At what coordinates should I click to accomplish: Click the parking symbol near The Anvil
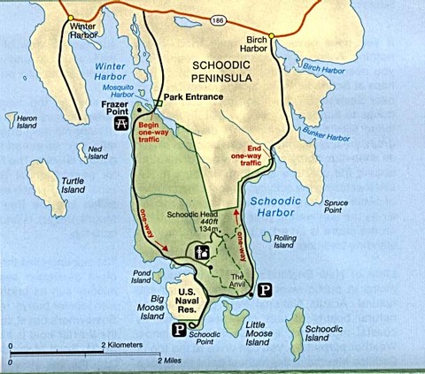[266, 289]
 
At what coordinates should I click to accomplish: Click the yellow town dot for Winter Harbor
[70, 17]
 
